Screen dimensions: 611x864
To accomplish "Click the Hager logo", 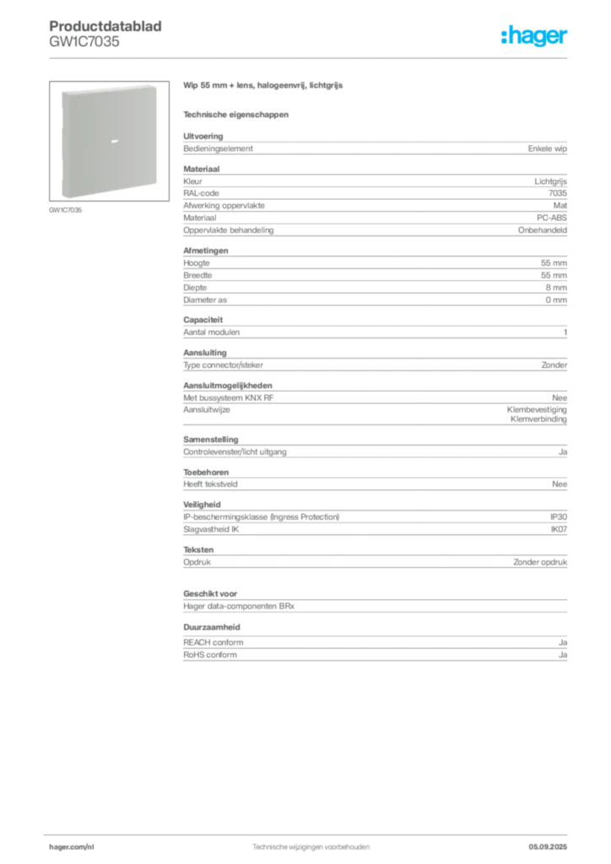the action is [533, 35].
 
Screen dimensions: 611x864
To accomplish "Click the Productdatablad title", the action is [105, 26].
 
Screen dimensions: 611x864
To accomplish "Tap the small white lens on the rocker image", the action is [115, 142].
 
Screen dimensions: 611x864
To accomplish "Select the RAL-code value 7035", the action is [558, 193].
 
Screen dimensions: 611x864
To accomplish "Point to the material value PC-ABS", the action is [551, 218].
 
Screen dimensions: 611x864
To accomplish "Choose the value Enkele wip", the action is [547, 148].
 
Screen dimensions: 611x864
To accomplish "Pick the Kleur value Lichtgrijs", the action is [550, 181].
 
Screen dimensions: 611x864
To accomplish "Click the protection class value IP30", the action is [559, 517].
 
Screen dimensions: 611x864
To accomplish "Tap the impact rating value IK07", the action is [559, 530].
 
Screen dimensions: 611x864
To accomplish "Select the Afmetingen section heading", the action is [206, 251].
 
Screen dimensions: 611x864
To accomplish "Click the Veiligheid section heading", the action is [202, 505].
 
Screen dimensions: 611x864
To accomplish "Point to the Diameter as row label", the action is [205, 300].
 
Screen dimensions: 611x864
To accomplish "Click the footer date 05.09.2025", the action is [548, 847].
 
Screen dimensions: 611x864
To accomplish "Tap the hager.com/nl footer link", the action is [72, 847].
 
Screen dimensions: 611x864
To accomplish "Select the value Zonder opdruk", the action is [540, 563].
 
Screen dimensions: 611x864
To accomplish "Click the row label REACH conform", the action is [214, 642].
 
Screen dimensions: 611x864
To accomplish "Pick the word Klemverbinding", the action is [538, 419].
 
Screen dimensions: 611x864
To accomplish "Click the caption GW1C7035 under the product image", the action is [66, 210].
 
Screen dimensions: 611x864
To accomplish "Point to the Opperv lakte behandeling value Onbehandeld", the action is [542, 230].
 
